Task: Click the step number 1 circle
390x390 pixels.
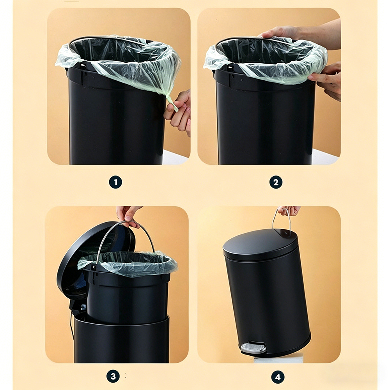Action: [x=115, y=182]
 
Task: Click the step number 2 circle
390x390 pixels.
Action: [x=276, y=182]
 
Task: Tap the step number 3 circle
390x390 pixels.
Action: [x=113, y=376]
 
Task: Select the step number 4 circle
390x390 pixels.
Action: [x=278, y=377]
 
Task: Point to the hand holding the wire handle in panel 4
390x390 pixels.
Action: [x=289, y=211]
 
